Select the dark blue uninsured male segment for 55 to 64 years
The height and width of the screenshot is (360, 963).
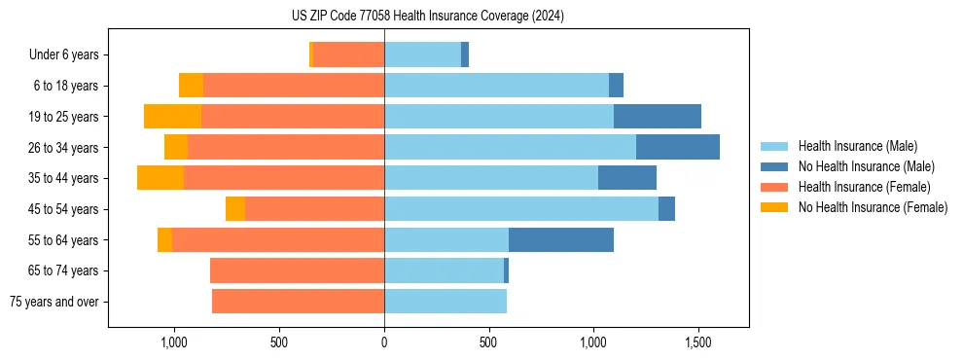(x=560, y=239)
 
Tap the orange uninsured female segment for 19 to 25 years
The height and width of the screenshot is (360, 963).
(x=172, y=117)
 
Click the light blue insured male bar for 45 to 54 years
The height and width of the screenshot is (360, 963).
(x=520, y=208)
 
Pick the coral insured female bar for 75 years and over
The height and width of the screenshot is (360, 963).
(x=298, y=302)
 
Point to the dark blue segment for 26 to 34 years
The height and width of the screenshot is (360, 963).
(x=677, y=147)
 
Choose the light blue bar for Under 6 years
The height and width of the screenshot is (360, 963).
(x=422, y=54)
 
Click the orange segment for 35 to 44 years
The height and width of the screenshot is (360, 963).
(x=160, y=178)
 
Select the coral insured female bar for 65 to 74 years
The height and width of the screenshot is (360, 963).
(x=297, y=270)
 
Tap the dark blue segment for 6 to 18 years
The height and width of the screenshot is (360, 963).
(x=616, y=86)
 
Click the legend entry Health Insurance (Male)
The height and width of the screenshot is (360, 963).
(x=857, y=146)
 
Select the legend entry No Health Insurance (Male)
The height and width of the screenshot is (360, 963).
(x=865, y=166)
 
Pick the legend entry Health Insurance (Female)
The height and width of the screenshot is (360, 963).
(x=864, y=187)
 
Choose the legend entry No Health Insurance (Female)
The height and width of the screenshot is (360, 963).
(x=872, y=207)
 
